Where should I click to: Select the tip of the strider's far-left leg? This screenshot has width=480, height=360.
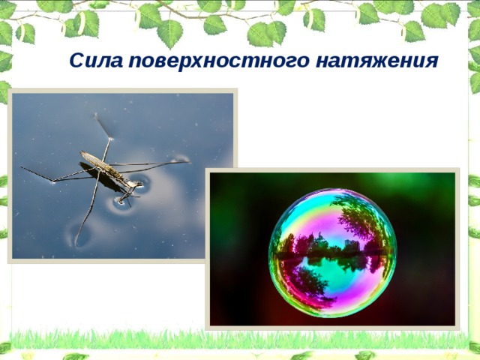pos(22,168)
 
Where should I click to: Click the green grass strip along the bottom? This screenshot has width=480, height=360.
pos(240,339)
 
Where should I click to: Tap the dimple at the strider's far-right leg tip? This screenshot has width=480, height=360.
pos(182,159)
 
